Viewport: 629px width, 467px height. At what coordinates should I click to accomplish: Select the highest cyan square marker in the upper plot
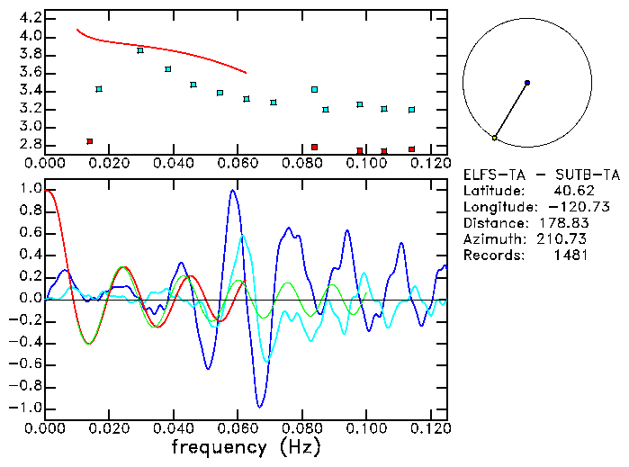(140, 50)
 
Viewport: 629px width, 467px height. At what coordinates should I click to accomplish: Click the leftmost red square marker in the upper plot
(89, 141)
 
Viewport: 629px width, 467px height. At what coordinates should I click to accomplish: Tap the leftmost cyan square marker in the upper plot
(99, 89)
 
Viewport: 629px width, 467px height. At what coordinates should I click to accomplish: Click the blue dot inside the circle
(527, 83)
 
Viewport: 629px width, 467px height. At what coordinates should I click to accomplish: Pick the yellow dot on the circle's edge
(495, 138)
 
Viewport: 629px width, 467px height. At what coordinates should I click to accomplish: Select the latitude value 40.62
(571, 190)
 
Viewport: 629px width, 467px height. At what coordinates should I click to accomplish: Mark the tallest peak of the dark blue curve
(233, 191)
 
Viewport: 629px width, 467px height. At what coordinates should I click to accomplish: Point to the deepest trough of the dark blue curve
(260, 407)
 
